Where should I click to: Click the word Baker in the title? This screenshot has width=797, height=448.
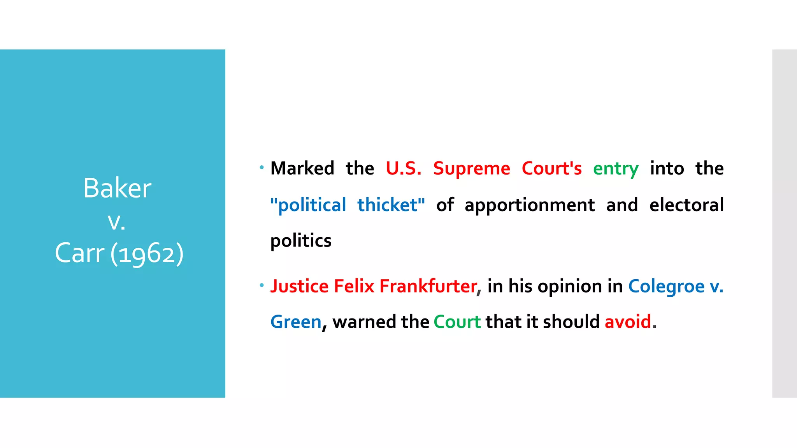tap(117, 188)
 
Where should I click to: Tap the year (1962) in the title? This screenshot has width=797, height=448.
tap(147, 254)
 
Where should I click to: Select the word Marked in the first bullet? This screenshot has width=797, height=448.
tap(302, 168)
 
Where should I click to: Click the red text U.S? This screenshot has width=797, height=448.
tap(403, 168)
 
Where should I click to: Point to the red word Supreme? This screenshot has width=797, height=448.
tap(471, 168)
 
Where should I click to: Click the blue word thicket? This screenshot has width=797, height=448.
tap(390, 205)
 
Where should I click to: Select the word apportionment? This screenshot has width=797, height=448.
tap(529, 205)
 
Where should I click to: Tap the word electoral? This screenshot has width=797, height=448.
tap(686, 205)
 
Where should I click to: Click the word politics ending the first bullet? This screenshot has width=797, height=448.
tap(301, 241)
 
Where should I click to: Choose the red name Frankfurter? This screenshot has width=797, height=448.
tap(428, 286)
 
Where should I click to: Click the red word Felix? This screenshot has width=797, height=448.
tap(354, 286)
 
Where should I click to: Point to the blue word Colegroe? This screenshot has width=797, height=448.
tap(666, 287)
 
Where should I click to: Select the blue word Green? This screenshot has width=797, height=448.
tap(296, 322)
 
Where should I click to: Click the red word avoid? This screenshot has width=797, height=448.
tap(628, 322)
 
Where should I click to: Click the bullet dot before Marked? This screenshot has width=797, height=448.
tap(262, 168)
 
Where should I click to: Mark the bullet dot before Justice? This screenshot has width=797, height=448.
tap(262, 285)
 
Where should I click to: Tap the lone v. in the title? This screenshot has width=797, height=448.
tap(116, 222)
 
